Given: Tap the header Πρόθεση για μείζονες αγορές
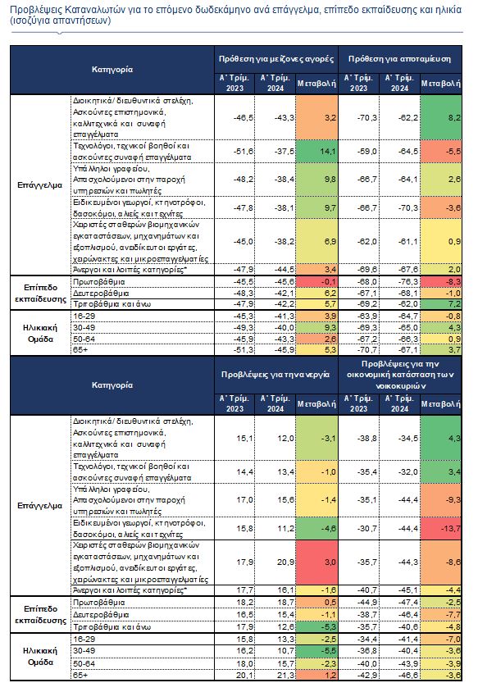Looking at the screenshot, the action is point(276,59).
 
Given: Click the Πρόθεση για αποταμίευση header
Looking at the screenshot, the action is point(399,59).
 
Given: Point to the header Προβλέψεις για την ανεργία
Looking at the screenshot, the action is point(275,374).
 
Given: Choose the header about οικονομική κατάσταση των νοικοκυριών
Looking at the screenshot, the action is point(400,375).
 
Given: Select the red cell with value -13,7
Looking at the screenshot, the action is point(441,528).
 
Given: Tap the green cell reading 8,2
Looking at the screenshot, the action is point(441,117).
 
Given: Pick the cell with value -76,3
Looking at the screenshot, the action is point(399,281).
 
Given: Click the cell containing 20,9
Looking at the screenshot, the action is point(275,562).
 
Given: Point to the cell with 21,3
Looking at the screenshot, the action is point(275,675).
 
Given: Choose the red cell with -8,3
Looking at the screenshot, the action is point(441,281).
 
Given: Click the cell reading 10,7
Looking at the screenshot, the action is point(275,650).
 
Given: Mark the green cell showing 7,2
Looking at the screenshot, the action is point(441,304).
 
